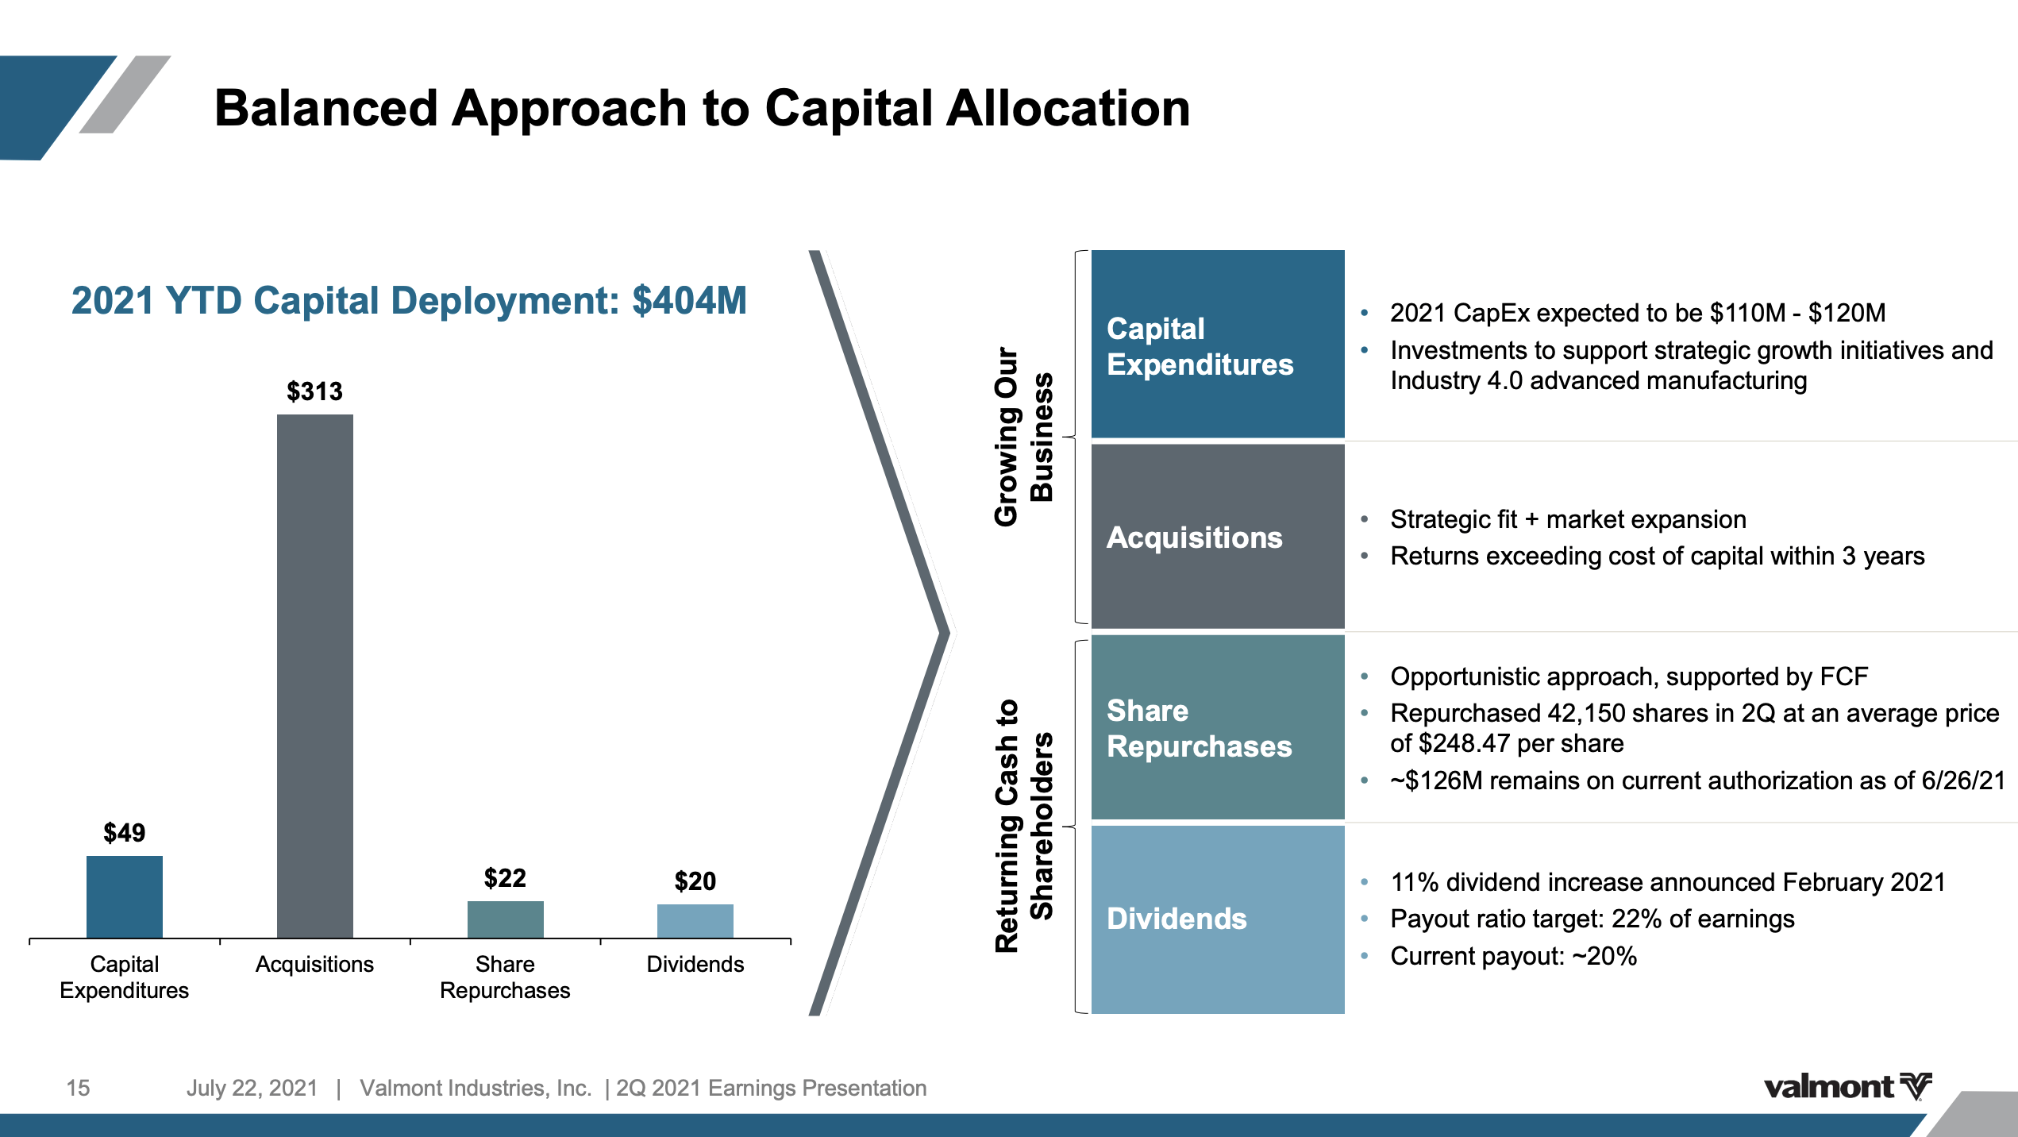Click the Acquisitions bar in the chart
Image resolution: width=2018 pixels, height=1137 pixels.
pyautogui.click(x=314, y=675)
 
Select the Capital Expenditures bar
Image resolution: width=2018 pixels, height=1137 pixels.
pyautogui.click(x=125, y=896)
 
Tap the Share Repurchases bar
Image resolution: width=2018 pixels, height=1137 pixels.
pyautogui.click(x=505, y=919)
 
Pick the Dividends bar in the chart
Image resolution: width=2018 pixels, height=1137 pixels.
pyautogui.click(x=695, y=920)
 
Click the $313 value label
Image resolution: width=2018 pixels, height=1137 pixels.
pyautogui.click(x=314, y=391)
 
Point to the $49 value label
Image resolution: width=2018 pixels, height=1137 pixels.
pyautogui.click(x=125, y=833)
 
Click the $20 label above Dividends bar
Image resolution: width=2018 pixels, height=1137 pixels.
pyautogui.click(x=695, y=881)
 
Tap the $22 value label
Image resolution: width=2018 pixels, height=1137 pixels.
pyautogui.click(x=505, y=878)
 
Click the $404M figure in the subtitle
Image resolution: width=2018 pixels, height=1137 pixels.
pyautogui.click(x=688, y=301)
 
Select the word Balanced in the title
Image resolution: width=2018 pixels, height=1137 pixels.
pyautogui.click(x=325, y=108)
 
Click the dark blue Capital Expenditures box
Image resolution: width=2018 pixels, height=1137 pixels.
pyautogui.click(x=1217, y=344)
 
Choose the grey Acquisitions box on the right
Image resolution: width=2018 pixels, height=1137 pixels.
pyautogui.click(x=1217, y=537)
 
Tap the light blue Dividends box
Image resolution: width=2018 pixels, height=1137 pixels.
pyautogui.click(x=1217, y=919)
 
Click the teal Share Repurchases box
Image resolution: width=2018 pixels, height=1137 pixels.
pyautogui.click(x=1217, y=727)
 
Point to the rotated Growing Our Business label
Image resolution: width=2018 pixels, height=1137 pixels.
pyautogui.click(x=1023, y=437)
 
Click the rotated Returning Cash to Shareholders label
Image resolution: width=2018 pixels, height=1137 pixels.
pyautogui.click(x=1023, y=826)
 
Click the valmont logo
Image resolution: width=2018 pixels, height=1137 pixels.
pyautogui.click(x=1847, y=1086)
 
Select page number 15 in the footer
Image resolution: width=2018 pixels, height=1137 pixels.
pyautogui.click(x=78, y=1088)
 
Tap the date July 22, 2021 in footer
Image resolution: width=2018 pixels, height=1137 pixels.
pyautogui.click(x=252, y=1088)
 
